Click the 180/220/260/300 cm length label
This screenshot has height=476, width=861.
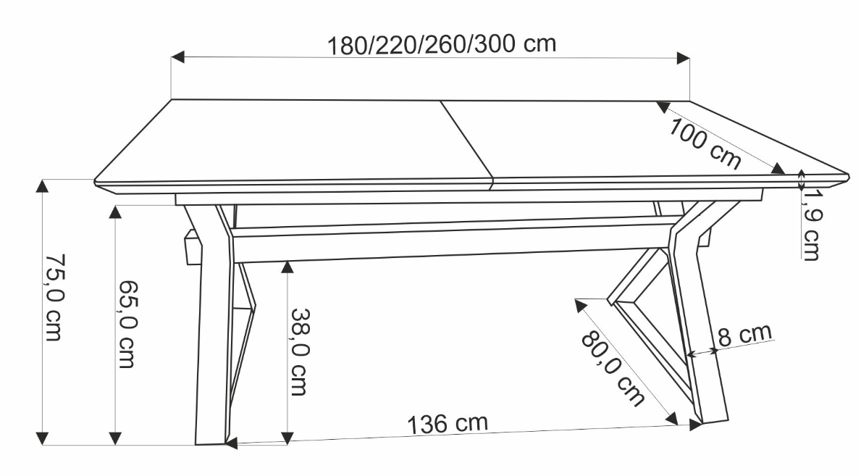pos(442,44)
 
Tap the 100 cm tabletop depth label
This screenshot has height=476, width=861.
pos(705,143)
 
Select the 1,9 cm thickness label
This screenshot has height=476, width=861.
pos(811,225)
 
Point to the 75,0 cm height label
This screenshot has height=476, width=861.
pos(54,297)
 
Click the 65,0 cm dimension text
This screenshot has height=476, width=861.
pos(128,325)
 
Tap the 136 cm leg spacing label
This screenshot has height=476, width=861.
pos(448,423)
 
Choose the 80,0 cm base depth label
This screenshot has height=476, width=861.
pos(613,368)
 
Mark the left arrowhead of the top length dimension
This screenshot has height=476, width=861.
pos(177,57)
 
